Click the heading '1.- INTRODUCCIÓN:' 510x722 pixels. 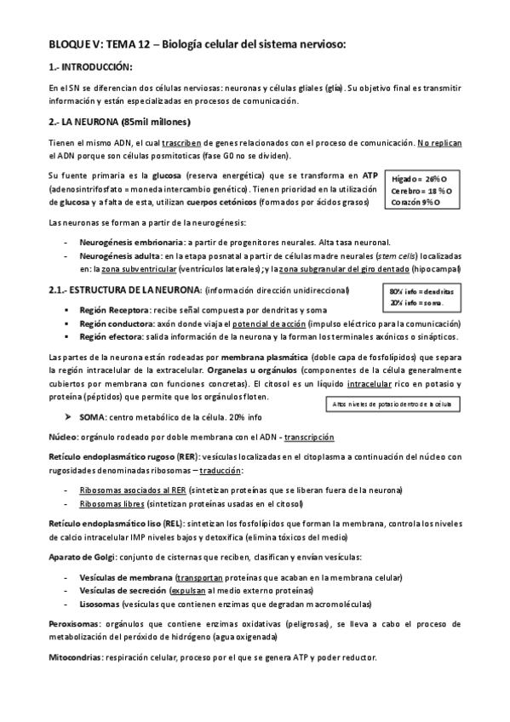[91, 66]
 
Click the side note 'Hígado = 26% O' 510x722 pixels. [419, 179]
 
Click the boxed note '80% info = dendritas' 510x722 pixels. [421, 291]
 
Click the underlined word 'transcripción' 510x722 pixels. [309, 437]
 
